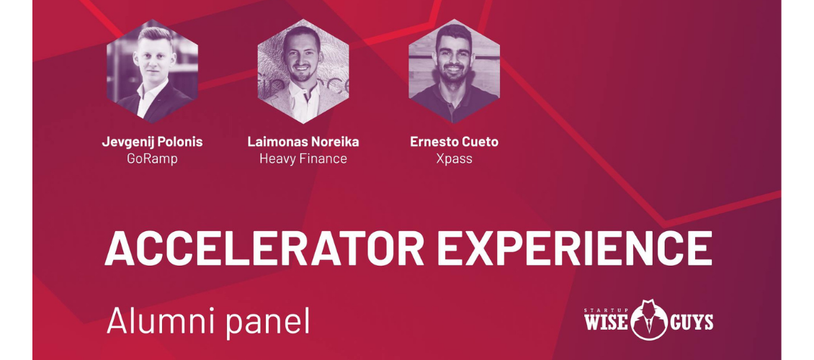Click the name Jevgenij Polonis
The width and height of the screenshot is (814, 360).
[152, 142]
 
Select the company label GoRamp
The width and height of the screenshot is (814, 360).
[152, 158]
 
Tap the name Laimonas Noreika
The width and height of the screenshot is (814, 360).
[303, 142]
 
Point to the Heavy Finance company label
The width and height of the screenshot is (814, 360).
[303, 158]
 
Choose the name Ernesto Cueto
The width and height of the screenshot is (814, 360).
[455, 142]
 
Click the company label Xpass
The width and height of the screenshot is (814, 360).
[455, 158]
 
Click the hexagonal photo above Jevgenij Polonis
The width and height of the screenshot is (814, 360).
[152, 71]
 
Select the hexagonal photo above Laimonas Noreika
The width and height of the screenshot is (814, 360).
[303, 71]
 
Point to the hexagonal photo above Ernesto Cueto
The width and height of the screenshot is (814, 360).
[455, 71]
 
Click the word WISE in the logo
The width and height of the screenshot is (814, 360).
[607, 323]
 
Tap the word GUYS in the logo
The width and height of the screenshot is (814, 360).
[692, 323]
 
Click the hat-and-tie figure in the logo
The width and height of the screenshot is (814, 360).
[649, 319]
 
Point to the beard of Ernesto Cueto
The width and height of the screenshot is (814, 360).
[453, 73]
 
